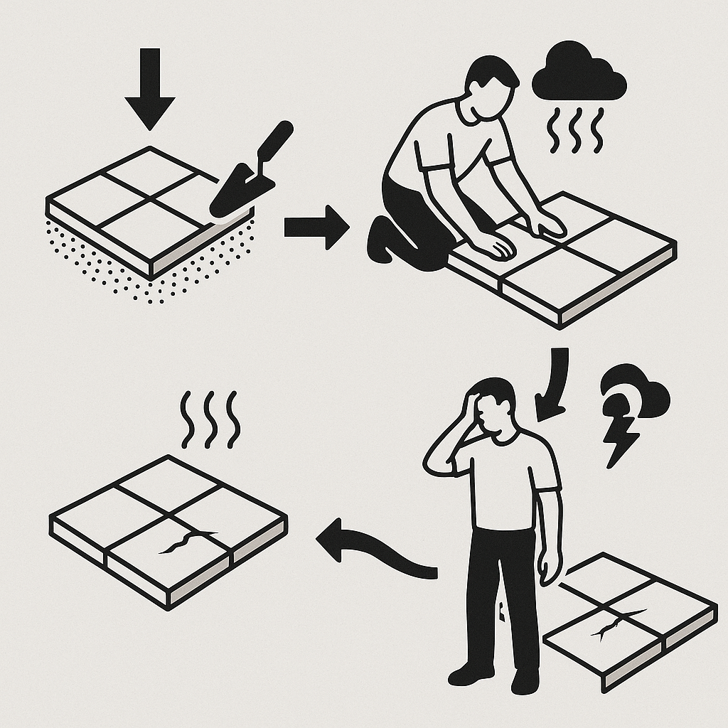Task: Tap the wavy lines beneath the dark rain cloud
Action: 574,130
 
